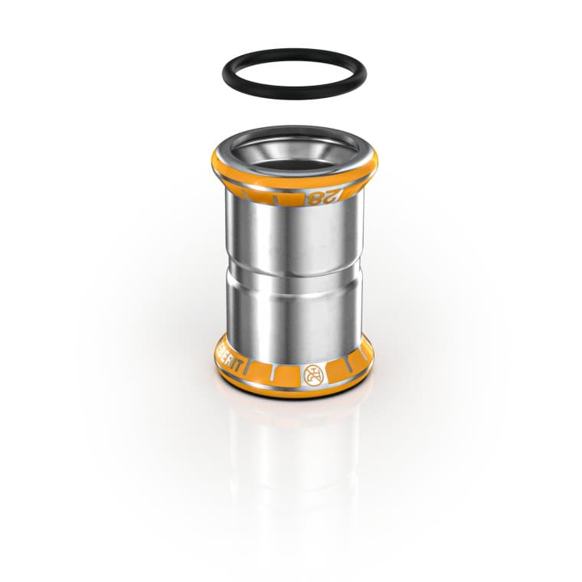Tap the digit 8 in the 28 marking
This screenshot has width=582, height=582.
tap(314, 198)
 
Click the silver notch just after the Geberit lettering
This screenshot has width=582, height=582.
tap(252, 371)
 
